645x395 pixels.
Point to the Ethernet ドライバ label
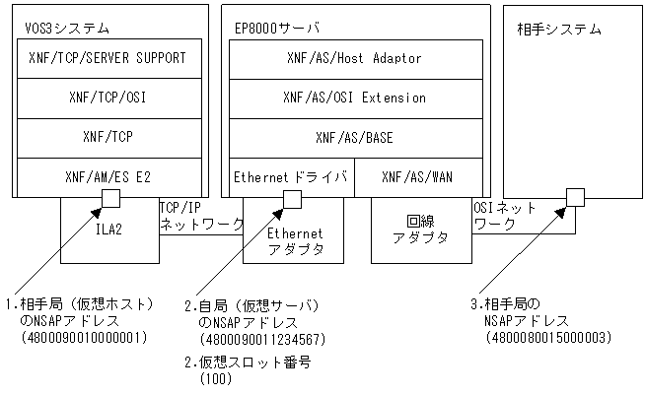click(x=291, y=176)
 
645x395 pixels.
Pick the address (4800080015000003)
click(x=549, y=337)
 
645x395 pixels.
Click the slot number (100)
click(x=214, y=377)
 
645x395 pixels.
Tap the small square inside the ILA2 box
click(x=111, y=199)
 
